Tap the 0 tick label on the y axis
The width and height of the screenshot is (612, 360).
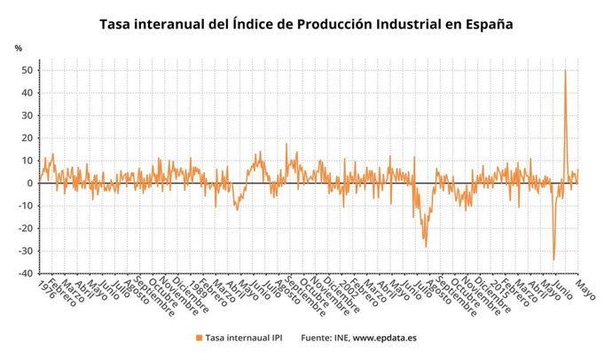tap(31, 184)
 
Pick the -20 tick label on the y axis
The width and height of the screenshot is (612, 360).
tap(27, 229)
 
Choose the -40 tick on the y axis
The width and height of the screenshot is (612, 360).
tap(27, 274)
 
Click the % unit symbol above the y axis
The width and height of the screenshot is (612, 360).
tap(17, 47)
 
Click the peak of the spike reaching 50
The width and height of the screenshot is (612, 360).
tap(566, 71)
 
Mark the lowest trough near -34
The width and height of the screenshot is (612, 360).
tap(554, 260)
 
